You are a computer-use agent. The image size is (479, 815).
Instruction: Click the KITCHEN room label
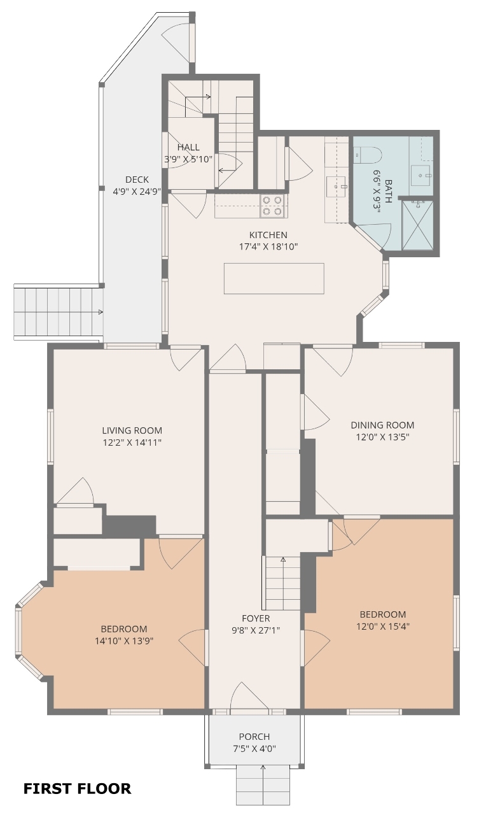[268, 235]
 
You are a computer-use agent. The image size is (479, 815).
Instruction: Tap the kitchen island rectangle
[274, 278]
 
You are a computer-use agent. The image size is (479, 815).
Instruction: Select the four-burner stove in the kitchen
[272, 206]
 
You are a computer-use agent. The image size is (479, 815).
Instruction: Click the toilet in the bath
[367, 155]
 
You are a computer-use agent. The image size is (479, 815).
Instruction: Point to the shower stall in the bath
[418, 225]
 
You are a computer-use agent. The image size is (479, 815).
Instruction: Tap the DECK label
[137, 180]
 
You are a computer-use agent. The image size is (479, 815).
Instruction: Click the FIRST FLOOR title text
[78, 788]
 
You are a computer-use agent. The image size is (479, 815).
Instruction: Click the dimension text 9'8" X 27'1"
[256, 630]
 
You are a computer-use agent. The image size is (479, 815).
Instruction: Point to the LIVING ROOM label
[132, 430]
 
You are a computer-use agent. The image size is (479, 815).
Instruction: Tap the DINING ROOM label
[382, 425]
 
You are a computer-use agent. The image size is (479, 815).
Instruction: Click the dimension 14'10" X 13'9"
[124, 641]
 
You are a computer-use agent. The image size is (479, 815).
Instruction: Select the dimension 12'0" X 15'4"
[383, 626]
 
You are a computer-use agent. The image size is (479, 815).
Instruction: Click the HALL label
[188, 147]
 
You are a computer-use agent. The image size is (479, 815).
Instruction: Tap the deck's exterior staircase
[58, 312]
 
